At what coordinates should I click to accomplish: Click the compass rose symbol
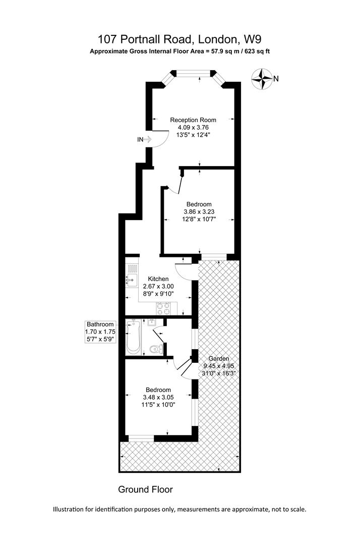[261, 79]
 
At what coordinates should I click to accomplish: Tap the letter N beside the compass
[276, 79]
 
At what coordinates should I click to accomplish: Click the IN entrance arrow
[148, 140]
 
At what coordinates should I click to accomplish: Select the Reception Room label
[193, 120]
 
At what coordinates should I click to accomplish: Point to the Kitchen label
[158, 279]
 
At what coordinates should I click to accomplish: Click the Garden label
[219, 359]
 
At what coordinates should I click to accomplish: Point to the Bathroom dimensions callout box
[100, 332]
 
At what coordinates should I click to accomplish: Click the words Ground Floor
[145, 489]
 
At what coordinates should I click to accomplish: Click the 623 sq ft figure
[258, 51]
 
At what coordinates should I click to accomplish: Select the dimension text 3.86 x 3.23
[199, 211]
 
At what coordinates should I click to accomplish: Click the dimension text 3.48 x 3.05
[158, 397]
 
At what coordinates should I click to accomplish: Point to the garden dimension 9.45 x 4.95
[219, 366]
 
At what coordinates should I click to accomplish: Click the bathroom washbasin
[152, 322]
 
